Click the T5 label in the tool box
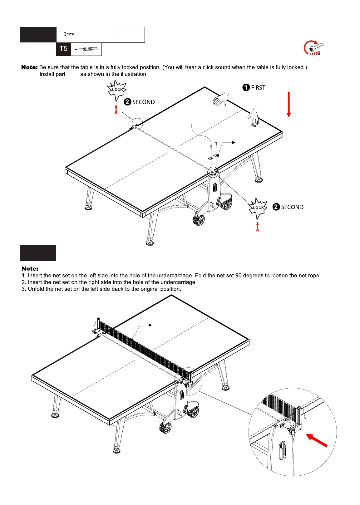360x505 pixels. click(x=63, y=49)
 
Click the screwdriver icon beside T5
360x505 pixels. click(x=86, y=49)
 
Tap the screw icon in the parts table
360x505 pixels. click(x=69, y=34)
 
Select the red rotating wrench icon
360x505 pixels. click(x=313, y=48)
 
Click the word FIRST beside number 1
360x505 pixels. click(x=258, y=88)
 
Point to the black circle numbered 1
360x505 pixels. click(x=246, y=87)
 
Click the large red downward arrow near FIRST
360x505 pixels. click(x=289, y=104)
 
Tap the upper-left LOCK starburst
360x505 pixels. click(x=117, y=90)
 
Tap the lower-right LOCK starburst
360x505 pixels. click(x=258, y=208)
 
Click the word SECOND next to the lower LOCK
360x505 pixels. click(x=292, y=207)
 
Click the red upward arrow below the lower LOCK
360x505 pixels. click(x=258, y=226)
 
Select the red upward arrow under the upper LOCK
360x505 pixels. click(x=116, y=109)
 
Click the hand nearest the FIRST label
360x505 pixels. click(x=221, y=100)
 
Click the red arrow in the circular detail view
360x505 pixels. click(x=317, y=440)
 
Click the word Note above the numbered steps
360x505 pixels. click(x=30, y=269)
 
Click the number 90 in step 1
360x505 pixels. click(x=239, y=276)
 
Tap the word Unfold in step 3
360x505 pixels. click(x=37, y=289)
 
